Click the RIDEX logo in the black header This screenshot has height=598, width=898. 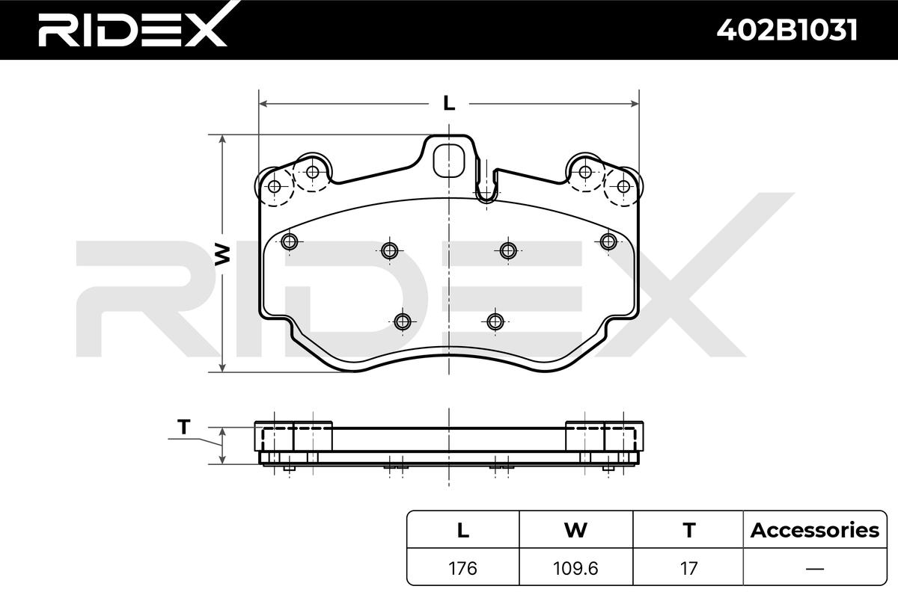click(132, 30)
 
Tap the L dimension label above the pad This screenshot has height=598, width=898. click(449, 103)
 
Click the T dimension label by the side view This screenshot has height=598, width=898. click(183, 428)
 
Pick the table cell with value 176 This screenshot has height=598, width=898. click(463, 568)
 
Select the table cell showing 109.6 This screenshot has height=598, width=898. click(575, 568)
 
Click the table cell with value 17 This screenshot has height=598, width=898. click(688, 568)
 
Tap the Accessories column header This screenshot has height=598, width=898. click(814, 531)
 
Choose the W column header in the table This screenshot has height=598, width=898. click(575, 531)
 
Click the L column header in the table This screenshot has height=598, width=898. click(463, 531)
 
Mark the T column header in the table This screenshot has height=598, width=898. click(688, 531)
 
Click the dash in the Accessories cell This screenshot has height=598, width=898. click(814, 568)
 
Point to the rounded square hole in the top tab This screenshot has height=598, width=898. click(449, 158)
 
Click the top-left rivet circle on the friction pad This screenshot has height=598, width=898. click(290, 241)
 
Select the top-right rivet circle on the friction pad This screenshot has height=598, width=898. click(608, 241)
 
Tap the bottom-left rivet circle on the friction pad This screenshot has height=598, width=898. click(403, 321)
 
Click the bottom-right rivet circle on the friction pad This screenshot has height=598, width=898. click(494, 321)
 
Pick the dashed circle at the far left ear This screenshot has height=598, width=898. click(274, 187)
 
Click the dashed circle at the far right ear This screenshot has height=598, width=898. click(622, 187)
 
